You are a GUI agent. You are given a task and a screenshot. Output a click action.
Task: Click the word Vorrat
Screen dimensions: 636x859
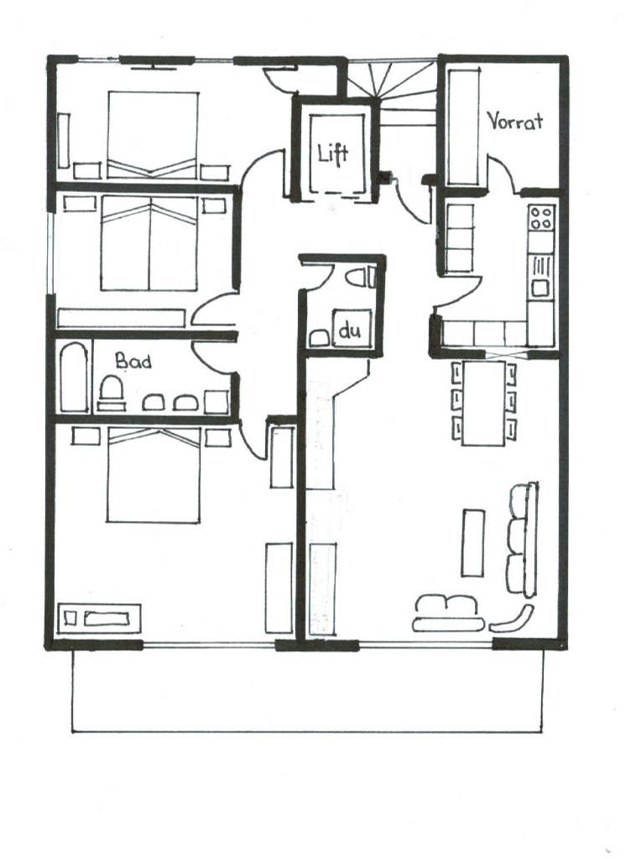click(x=514, y=121)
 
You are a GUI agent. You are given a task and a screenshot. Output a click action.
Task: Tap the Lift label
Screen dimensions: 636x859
click(x=332, y=153)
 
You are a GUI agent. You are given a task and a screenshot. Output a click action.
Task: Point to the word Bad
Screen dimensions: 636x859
click(x=133, y=361)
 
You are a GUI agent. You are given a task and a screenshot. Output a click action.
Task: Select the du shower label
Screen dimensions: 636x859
click(x=350, y=331)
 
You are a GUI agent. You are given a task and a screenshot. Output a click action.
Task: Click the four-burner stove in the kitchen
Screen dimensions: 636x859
click(x=541, y=217)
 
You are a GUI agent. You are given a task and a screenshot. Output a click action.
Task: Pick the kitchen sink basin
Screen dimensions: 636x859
click(x=540, y=287)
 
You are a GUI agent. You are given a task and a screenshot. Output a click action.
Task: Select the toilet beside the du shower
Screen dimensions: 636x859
click(x=362, y=277)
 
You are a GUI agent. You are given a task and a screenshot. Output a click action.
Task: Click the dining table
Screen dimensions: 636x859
click(x=483, y=403)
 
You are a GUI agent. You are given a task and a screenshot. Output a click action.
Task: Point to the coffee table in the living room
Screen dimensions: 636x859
click(x=473, y=543)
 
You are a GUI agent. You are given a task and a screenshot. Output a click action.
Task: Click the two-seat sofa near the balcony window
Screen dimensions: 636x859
click(x=447, y=613)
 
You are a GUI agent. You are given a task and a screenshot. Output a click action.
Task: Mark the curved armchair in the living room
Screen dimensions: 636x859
click(x=512, y=619)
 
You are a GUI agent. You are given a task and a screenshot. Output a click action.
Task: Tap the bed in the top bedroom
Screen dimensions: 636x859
click(x=153, y=135)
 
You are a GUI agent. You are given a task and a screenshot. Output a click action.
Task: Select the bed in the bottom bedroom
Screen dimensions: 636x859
click(x=154, y=475)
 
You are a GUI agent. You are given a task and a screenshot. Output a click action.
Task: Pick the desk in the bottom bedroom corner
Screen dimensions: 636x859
click(x=99, y=618)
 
